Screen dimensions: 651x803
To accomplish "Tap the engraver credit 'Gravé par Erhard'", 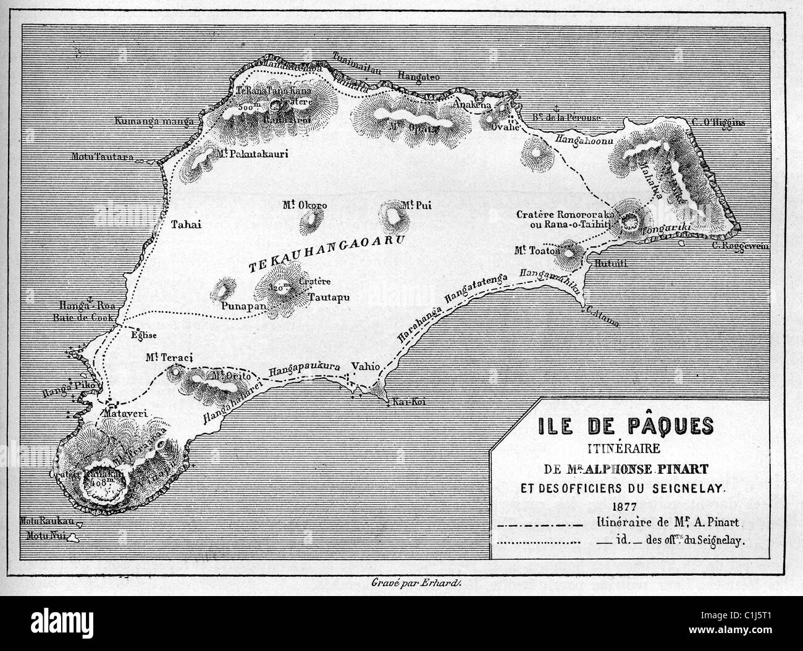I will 400,581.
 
